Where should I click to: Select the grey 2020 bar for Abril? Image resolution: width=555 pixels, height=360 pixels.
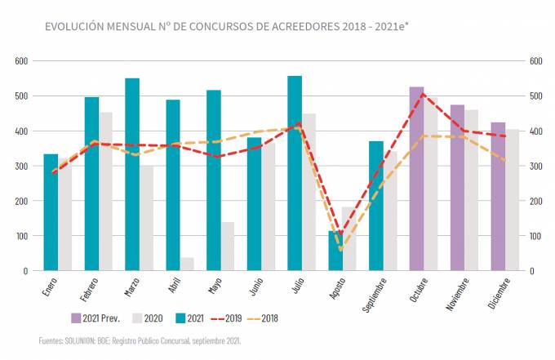point(187,264)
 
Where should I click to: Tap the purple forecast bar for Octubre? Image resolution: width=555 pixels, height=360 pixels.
point(416,179)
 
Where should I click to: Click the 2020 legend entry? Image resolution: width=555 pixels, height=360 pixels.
point(149,318)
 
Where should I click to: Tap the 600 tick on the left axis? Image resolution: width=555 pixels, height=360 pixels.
point(21,60)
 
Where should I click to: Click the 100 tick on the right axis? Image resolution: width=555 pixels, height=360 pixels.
point(535,236)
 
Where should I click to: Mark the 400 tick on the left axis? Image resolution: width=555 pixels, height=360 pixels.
point(21,131)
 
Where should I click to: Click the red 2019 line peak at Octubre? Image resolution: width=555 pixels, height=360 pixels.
point(423,94)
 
